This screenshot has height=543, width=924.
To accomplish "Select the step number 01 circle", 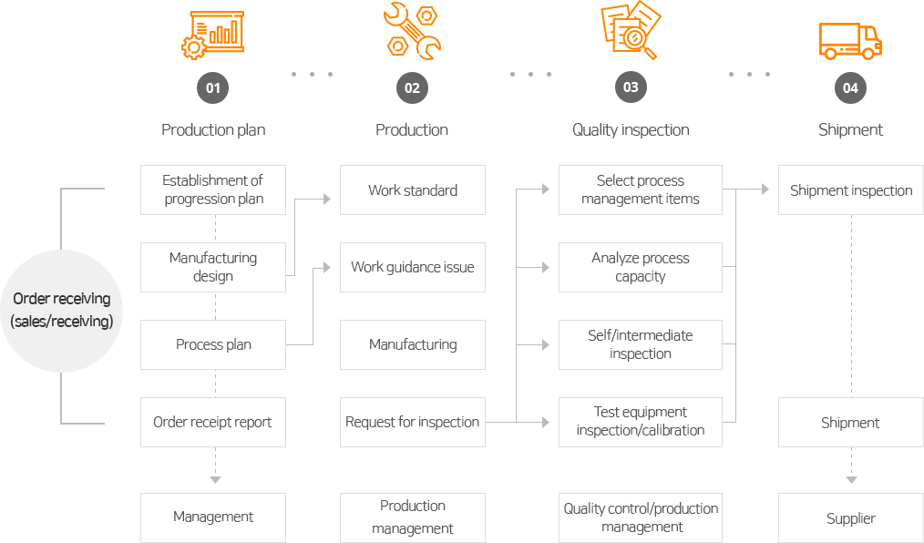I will pos(212,88).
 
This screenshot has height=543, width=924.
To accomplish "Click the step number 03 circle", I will pos(631,88).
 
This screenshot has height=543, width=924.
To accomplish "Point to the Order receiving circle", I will pos(61,310).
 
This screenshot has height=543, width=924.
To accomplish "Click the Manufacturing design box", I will pos(213,267).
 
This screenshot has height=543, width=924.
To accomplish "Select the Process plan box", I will pos(213,344).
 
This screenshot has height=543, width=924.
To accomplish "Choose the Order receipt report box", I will pos(213,422).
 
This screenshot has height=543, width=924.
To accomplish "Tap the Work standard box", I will pos(413,190).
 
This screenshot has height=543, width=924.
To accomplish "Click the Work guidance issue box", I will pos(413,267).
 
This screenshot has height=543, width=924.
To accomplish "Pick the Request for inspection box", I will pos(413,422).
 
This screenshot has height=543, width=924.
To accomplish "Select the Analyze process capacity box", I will pos(641,267).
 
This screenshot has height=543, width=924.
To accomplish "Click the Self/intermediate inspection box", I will pos(641,344).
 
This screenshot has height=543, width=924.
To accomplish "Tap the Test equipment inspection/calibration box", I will pos(641,422).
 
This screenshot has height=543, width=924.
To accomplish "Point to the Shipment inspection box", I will pos(851,190).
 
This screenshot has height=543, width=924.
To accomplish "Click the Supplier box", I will pos(851,518).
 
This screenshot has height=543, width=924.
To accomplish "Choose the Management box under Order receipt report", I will pos(213,517).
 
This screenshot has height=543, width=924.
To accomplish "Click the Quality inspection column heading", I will pos(631,129).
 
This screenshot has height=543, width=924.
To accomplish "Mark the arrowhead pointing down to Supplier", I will pos(851,479).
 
